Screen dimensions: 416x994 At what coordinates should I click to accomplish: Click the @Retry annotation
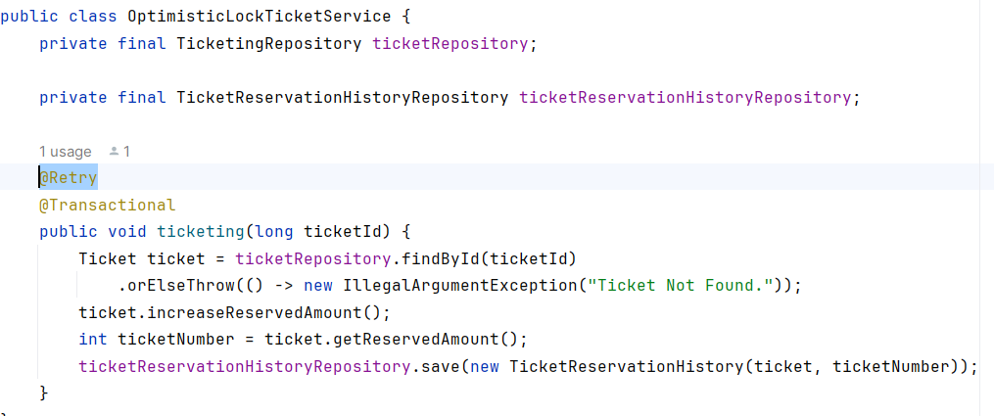(69, 178)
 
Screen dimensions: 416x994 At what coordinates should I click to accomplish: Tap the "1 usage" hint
(66, 152)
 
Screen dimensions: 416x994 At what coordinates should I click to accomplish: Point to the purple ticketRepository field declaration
(455, 44)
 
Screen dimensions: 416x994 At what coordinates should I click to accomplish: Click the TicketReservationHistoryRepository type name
(343, 98)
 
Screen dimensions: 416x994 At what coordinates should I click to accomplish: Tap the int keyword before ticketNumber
(93, 340)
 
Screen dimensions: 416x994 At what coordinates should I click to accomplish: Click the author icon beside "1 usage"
(115, 152)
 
